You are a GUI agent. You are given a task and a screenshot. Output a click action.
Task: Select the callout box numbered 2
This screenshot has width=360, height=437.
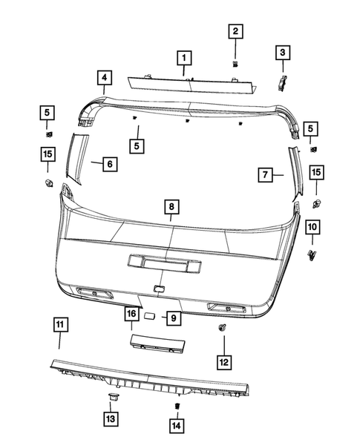tap(235, 31)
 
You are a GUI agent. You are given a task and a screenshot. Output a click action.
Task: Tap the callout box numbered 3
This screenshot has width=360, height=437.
tap(282, 52)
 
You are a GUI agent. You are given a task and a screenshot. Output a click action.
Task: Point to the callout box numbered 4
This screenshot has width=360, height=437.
tap(105, 77)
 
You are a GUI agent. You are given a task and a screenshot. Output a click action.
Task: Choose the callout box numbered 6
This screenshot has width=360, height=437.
tap(108, 163)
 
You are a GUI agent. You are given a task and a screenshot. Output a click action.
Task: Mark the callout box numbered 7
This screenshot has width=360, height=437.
tap(266, 175)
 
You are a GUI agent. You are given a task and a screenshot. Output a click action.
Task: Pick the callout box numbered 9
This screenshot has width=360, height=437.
tap(172, 318)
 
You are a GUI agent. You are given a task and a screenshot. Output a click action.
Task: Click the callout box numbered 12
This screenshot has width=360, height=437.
tap(223, 361)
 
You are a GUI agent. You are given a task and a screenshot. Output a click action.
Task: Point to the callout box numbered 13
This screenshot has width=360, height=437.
tap(111, 419)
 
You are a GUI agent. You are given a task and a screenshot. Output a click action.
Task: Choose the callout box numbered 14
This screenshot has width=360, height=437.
tap(177, 426)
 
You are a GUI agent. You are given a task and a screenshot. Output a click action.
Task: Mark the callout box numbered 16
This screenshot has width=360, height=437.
tap(131, 315)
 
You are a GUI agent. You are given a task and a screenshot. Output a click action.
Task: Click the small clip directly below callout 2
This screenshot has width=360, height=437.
tap(235, 64)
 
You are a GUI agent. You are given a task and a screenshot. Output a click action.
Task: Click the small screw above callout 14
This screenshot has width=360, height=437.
tap(177, 406)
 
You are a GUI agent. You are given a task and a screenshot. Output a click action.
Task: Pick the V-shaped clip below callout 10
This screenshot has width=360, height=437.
tap(312, 255)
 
